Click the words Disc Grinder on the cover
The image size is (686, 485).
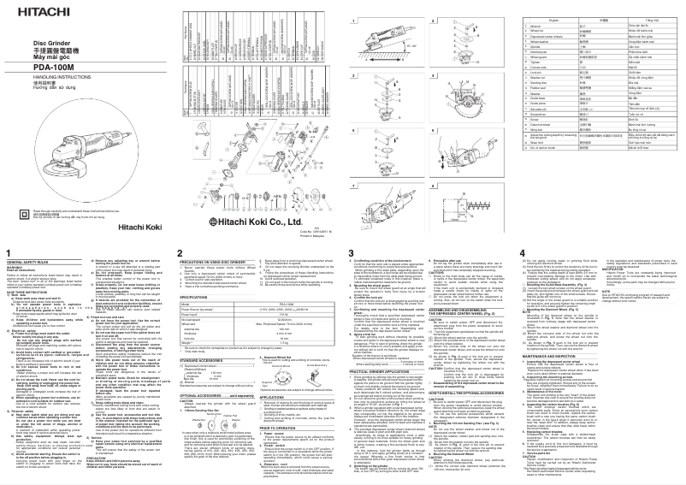pos(50,43)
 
